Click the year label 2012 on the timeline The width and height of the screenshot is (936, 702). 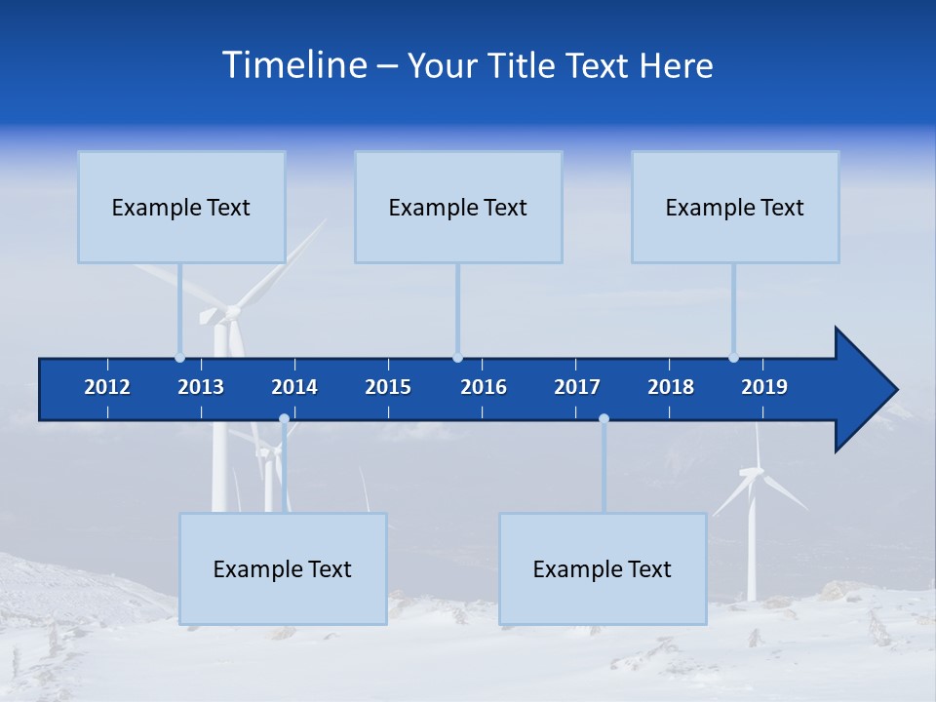(107, 387)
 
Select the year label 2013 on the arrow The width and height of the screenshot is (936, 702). (201, 387)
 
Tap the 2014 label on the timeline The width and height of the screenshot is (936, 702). (294, 387)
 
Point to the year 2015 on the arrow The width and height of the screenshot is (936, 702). (388, 387)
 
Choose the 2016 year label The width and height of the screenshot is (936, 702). (484, 387)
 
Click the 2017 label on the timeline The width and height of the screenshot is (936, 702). (577, 387)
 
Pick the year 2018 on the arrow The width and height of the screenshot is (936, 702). (671, 387)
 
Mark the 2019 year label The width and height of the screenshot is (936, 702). (764, 387)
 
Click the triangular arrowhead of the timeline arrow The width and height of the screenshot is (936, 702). (864, 389)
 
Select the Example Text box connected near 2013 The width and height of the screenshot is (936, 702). (181, 207)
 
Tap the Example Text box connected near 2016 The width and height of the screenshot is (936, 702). (458, 207)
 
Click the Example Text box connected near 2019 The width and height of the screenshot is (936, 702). (735, 207)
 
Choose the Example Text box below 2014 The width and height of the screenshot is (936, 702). (283, 568)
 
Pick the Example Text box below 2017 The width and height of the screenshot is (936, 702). (603, 568)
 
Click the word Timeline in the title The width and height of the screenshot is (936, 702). (293, 64)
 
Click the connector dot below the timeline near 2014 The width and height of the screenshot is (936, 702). (284, 419)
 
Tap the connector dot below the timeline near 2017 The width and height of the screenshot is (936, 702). (604, 419)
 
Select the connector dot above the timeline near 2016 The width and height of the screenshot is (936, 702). (457, 357)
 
